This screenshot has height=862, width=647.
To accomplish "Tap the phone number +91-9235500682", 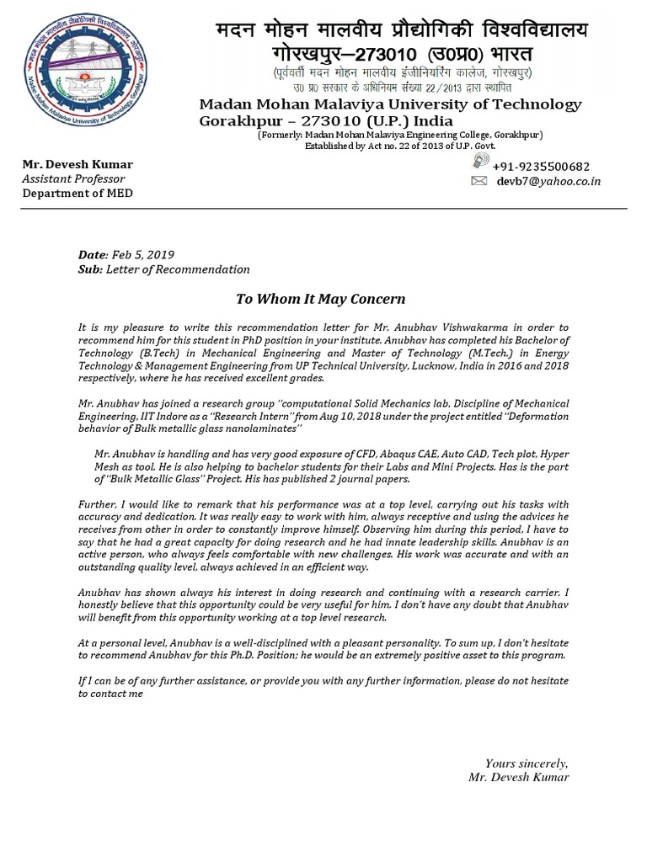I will pos(541,167).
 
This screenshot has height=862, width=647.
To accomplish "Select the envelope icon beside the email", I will pos(479,181).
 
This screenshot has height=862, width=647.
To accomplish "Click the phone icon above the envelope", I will pos(479,165).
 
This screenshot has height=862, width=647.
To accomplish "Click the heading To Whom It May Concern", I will pos(320,299).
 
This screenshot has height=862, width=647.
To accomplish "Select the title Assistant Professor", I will pos(73,178).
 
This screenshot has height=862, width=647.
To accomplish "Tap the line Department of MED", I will pos(77,193).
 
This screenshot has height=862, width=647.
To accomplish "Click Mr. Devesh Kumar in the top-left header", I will pos(77,164).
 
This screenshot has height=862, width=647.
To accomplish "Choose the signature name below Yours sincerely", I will pos(518,777).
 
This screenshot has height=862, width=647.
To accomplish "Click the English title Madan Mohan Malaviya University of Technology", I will pos(389,104).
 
